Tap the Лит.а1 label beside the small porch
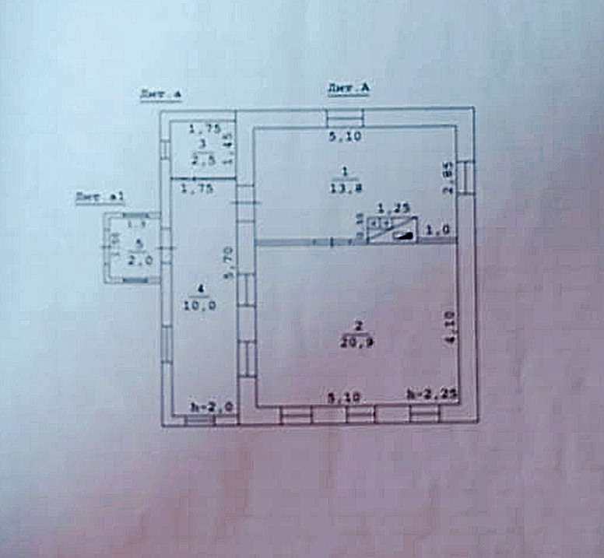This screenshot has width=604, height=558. click(x=100, y=198)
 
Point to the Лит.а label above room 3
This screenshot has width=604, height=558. click(x=161, y=95)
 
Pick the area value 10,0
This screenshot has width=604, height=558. click(x=201, y=305)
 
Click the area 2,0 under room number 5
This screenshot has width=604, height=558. click(x=139, y=260)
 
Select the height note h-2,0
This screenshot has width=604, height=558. click(x=212, y=405)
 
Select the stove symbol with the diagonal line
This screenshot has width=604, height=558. click(x=392, y=230)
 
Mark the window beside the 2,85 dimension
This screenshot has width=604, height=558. click(x=465, y=176)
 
